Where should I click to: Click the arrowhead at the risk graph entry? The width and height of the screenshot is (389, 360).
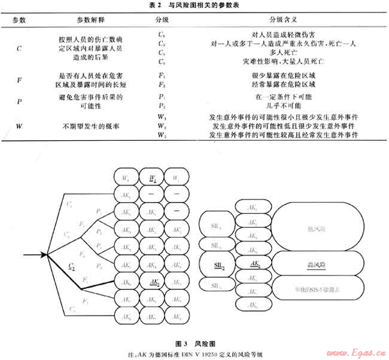tap(44, 255)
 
